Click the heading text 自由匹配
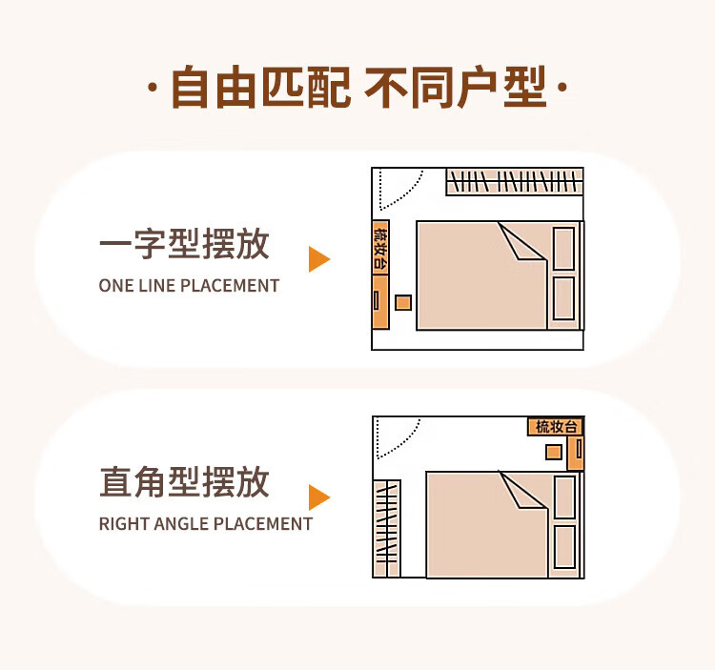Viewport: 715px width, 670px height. click(x=260, y=87)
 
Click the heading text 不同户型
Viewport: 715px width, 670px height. click(x=455, y=87)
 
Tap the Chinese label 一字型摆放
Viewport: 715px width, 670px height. click(x=184, y=244)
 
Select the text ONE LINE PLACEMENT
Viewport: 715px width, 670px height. click(x=189, y=286)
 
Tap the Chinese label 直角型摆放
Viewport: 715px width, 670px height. click(x=184, y=482)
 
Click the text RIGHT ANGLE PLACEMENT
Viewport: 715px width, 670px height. click(x=206, y=524)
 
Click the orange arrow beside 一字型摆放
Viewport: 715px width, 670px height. click(x=319, y=259)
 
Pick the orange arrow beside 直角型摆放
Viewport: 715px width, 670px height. click(x=319, y=497)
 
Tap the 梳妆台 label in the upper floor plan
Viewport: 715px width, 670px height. click(x=380, y=248)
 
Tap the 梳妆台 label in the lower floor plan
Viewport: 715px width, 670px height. click(x=557, y=427)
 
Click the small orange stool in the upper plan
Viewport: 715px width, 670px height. click(x=403, y=303)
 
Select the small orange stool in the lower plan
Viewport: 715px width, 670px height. click(x=554, y=452)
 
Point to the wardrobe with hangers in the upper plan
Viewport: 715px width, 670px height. click(x=515, y=182)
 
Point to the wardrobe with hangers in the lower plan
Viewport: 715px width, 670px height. click(x=387, y=529)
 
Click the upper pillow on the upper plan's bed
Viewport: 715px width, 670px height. click(x=563, y=249)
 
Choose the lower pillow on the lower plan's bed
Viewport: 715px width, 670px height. click(x=564, y=546)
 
